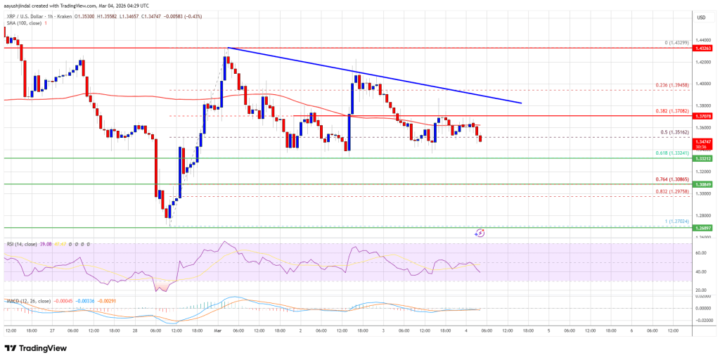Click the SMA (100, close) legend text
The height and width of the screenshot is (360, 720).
click(x=22, y=22)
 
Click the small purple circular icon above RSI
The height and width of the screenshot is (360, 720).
click(x=481, y=232)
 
